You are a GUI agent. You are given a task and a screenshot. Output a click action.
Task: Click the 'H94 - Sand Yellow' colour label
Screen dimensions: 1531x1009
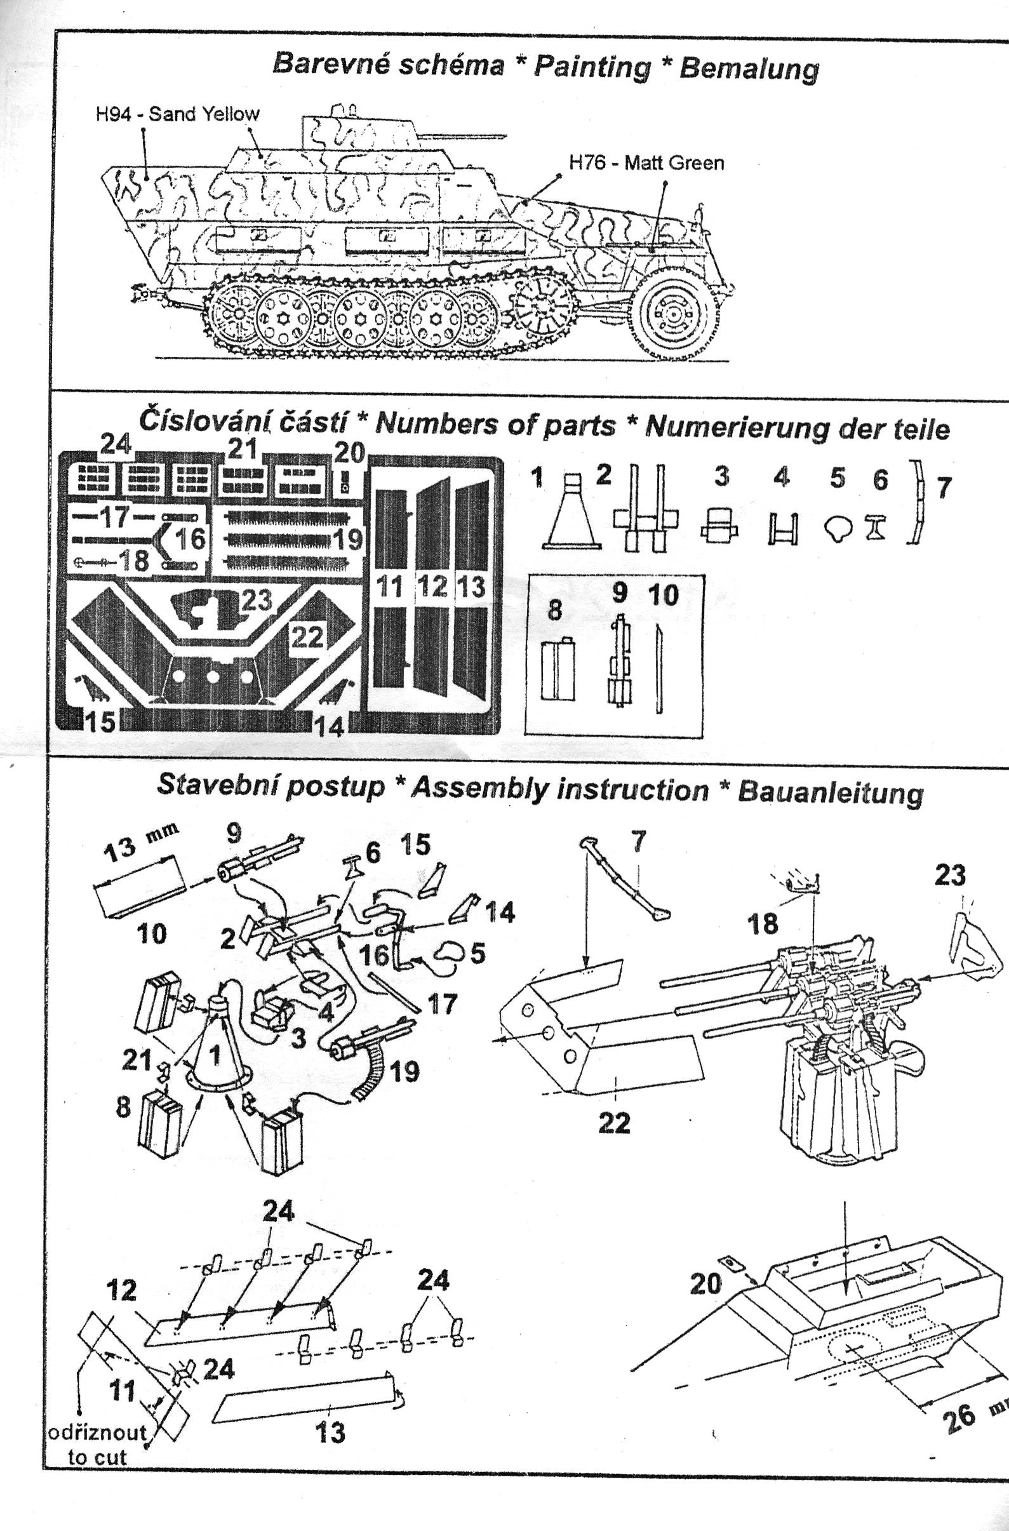178,114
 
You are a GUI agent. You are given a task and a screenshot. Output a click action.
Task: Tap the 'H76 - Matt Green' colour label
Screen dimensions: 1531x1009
646,163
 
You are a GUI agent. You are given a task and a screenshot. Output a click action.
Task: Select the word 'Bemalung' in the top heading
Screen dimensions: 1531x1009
749,67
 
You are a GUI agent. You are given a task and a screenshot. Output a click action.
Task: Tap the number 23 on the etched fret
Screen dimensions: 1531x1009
256,601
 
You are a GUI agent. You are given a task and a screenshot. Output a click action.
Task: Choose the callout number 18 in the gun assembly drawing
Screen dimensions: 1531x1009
763,924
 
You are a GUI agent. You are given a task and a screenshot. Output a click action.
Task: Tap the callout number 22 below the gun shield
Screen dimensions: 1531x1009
614,1123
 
